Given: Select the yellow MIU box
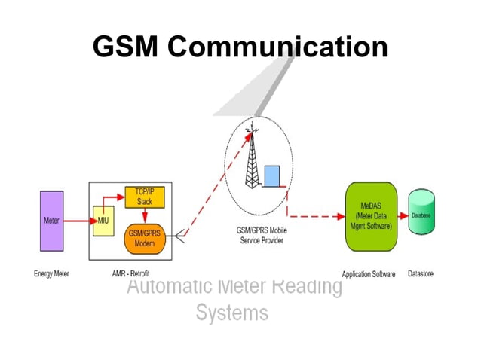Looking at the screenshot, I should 103,221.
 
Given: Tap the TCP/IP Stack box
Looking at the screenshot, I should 145,197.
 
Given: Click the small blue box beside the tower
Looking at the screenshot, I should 271,175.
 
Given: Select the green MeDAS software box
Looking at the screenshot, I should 370,216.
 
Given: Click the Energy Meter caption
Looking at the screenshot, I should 51,273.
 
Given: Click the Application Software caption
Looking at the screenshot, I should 368,274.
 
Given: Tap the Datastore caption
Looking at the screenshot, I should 420,273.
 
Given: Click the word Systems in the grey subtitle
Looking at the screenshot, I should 231,313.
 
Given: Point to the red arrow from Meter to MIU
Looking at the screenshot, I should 78,221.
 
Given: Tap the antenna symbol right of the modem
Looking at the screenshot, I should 179,238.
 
